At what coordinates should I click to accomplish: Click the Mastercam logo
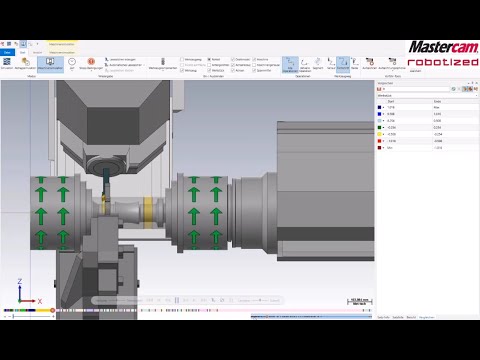(441, 46)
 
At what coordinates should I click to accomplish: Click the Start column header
(390, 101)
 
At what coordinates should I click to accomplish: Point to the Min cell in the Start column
(391, 148)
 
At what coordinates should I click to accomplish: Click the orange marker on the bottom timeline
(53, 311)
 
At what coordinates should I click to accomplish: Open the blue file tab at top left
(7, 51)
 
